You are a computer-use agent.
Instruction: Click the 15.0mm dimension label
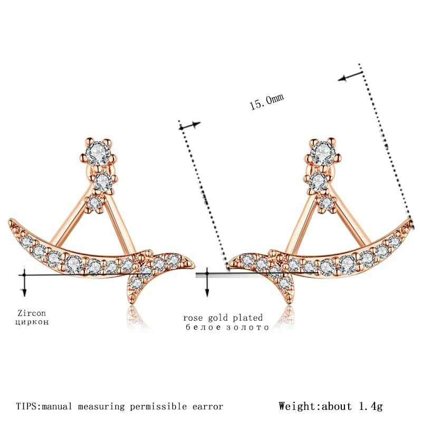click(x=266, y=100)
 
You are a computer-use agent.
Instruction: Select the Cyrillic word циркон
click(x=32, y=321)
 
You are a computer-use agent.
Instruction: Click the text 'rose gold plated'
click(x=223, y=318)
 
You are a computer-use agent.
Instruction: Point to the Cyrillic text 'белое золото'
click(x=227, y=327)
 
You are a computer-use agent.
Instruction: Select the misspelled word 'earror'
click(x=207, y=406)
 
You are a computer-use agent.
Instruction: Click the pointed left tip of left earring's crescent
click(x=9, y=221)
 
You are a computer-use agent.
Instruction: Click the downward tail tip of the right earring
click(x=290, y=301)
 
